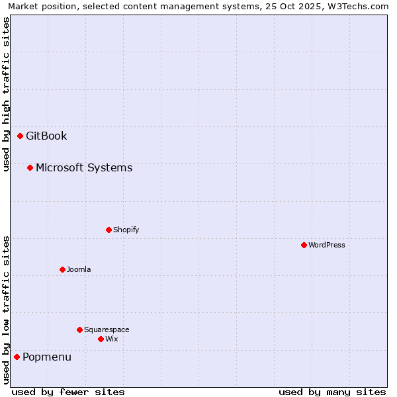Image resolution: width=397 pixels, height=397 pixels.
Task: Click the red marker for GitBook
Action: (x=21, y=136)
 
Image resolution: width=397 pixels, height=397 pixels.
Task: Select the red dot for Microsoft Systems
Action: (x=30, y=168)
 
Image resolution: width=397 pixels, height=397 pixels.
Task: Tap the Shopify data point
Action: (x=109, y=230)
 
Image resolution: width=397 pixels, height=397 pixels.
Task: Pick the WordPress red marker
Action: (x=304, y=245)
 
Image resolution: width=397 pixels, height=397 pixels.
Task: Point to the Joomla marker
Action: (x=63, y=270)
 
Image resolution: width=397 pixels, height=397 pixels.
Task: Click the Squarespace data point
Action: (x=80, y=330)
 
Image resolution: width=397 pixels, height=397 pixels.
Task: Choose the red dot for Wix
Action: (x=101, y=339)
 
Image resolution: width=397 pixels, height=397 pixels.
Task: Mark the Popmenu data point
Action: (x=17, y=357)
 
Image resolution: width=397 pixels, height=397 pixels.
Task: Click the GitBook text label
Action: (x=46, y=136)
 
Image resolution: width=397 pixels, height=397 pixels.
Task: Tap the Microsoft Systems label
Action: (x=84, y=168)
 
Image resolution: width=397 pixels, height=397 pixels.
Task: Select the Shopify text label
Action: (x=126, y=230)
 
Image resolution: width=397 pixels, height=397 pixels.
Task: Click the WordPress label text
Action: (x=327, y=245)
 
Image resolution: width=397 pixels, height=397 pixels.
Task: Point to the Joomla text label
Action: (x=79, y=270)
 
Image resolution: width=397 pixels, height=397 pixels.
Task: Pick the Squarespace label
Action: (x=107, y=330)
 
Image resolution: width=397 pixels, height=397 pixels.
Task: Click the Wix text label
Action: (x=111, y=339)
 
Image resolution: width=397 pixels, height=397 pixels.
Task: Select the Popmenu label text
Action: (x=47, y=357)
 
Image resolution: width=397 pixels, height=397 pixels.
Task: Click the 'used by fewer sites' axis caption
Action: (x=68, y=392)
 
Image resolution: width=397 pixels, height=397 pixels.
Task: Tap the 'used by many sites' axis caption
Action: (x=332, y=392)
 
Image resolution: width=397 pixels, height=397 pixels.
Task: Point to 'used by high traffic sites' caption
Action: (x=6, y=94)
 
